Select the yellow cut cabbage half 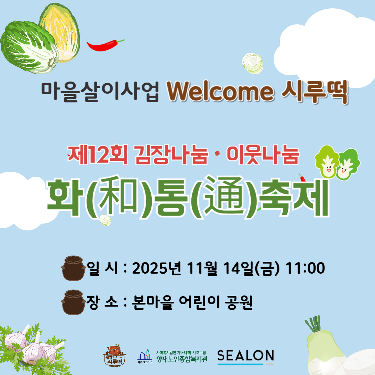[x=61, y=33]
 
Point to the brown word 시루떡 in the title [x=315, y=92]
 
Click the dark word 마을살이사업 [x=100, y=92]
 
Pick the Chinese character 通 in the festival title [x=224, y=196]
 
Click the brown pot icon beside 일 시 [x=73, y=268]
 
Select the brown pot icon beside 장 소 [x=73, y=302]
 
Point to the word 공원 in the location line [x=239, y=302]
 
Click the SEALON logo [x=245, y=357]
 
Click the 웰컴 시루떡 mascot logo [x=114, y=356]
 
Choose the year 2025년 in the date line [x=156, y=268]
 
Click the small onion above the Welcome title [x=252, y=64]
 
